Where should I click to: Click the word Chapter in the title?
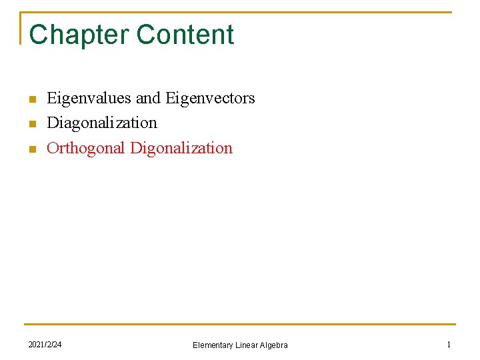[73, 35]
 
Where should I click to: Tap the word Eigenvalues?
[89, 98]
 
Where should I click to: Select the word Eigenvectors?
[210, 98]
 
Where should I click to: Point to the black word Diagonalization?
[102, 123]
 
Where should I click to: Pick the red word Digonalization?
[181, 148]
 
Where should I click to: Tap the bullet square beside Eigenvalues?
[31, 100]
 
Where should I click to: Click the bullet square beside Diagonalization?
[31, 125]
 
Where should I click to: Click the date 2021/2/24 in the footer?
[45, 344]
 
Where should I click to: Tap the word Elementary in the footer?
[213, 345]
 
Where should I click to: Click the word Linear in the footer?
[246, 345]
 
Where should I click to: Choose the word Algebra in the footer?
[274, 345]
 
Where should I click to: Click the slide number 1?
[449, 344]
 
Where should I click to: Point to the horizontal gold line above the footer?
[240, 325]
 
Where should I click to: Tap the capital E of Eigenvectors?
[169, 98]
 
